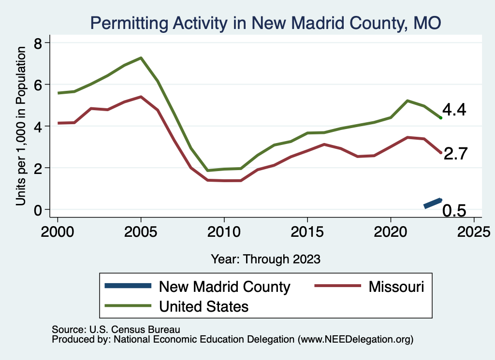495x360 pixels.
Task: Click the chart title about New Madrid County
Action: click(x=265, y=23)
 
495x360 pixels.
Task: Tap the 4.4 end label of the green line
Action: click(x=454, y=110)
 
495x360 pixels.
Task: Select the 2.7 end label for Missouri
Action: click(x=455, y=154)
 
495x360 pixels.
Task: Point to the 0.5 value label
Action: click(x=454, y=211)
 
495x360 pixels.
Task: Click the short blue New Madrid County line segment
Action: click(x=433, y=203)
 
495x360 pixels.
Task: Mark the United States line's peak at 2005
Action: click(x=141, y=58)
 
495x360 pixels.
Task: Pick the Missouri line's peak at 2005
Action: click(x=141, y=97)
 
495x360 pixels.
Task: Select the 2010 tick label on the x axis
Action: click(x=224, y=228)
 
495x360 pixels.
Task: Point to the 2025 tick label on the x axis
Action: click(x=474, y=228)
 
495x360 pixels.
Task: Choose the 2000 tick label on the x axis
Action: click(x=58, y=228)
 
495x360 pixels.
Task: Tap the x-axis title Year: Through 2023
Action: click(x=265, y=259)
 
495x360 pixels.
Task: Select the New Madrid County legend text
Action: click(x=225, y=287)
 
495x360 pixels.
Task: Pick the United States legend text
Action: click(x=204, y=306)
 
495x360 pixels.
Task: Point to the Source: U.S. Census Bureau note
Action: click(x=116, y=330)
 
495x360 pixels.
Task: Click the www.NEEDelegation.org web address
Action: click(x=356, y=340)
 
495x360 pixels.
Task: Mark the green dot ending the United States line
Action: click(x=440, y=117)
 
